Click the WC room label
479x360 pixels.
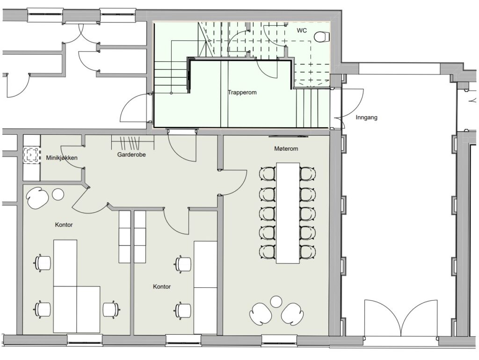click(x=302, y=30)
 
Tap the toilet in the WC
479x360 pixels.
click(x=322, y=37)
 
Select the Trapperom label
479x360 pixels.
click(x=242, y=92)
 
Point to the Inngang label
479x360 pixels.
click(x=366, y=118)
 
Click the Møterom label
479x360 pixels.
click(x=286, y=149)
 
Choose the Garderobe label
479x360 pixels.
click(x=131, y=154)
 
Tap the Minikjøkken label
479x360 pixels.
click(x=62, y=158)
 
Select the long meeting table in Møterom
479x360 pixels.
click(x=288, y=213)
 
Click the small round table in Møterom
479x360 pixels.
click(x=276, y=301)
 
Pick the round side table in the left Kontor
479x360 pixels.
click(x=58, y=194)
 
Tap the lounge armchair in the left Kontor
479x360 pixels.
click(x=38, y=198)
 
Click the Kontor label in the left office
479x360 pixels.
click(x=64, y=225)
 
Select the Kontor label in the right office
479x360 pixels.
click(x=161, y=287)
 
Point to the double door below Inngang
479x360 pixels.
click(x=400, y=318)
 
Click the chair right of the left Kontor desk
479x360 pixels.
click(x=110, y=309)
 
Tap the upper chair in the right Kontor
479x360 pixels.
click(x=183, y=264)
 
